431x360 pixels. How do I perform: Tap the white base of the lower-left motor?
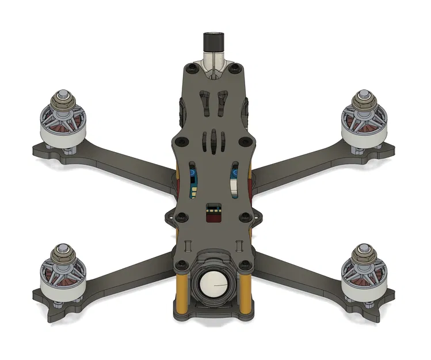tap(60, 291)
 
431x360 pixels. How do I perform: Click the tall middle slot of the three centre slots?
tap(214, 142)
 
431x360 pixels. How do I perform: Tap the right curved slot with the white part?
tap(234, 179)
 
